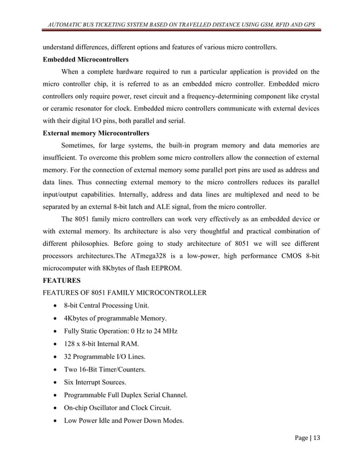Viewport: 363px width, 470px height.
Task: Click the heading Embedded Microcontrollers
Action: [x=87, y=60]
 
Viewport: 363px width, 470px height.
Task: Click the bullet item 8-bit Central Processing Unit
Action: [x=104, y=306]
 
